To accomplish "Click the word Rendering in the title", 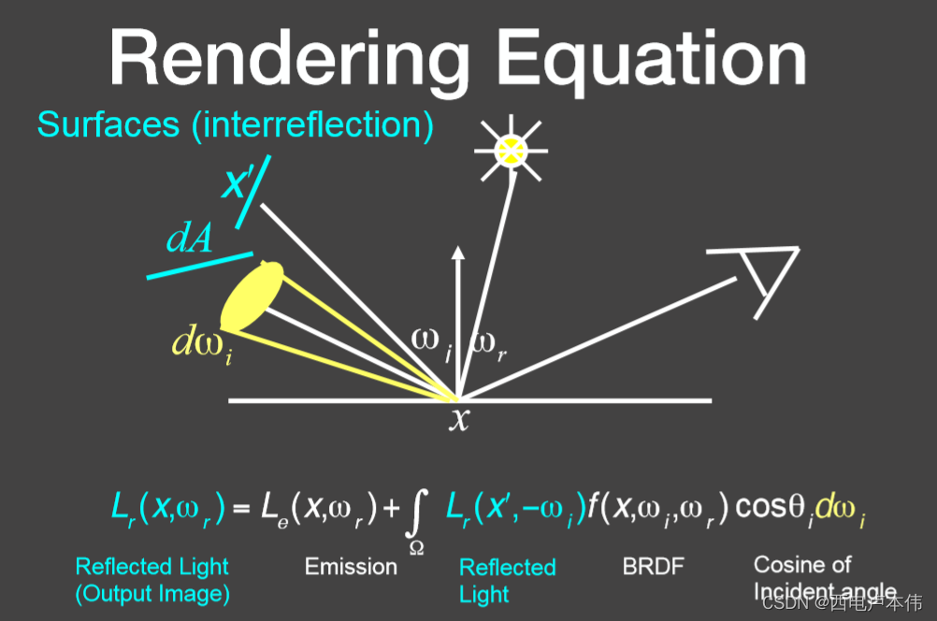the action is click(291, 58).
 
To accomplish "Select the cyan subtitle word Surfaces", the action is click(108, 124).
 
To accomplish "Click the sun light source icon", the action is click(512, 150).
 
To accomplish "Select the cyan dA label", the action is click(190, 239).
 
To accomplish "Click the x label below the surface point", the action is click(458, 420).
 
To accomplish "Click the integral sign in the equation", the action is click(419, 513).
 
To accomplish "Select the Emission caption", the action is click(351, 566).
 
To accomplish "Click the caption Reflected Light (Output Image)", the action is click(152, 580).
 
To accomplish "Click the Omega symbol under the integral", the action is click(416, 547).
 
